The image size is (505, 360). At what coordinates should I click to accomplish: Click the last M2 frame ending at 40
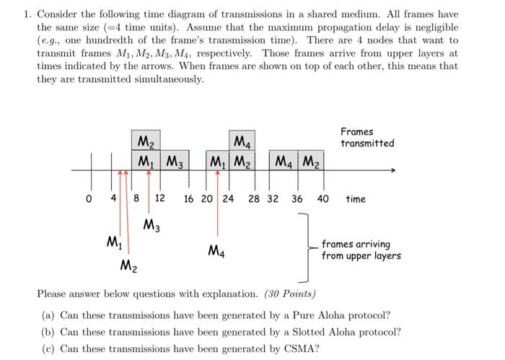(309, 161)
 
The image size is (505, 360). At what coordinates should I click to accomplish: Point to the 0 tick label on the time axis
(89, 198)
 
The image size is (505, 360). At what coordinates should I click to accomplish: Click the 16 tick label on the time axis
(188, 198)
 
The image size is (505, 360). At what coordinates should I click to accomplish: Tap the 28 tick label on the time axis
(255, 198)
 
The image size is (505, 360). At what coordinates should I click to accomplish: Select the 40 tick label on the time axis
(322, 198)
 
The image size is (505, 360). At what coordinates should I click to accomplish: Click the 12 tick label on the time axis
(159, 198)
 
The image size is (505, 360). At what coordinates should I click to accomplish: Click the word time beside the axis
(356, 198)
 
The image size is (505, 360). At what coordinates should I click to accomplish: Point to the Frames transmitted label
(367, 137)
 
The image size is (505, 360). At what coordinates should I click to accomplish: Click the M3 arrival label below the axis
(151, 224)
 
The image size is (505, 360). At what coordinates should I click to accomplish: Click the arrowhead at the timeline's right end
(393, 171)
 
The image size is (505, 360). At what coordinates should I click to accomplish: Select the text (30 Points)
(289, 294)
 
